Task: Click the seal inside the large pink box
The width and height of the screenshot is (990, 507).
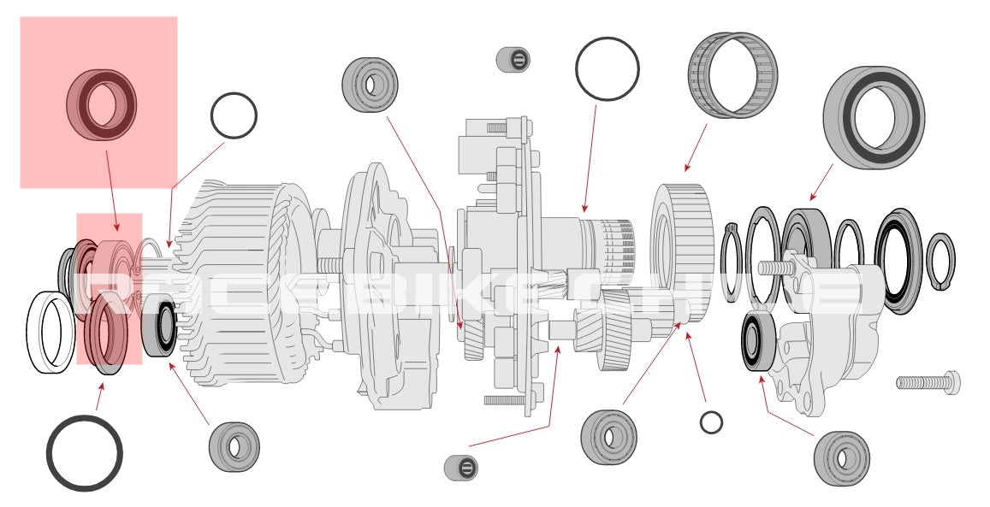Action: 101,104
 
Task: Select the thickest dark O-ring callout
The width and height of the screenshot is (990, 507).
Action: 84,453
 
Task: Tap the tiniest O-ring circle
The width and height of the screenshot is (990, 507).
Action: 710,422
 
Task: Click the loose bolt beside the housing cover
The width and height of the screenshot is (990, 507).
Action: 928,380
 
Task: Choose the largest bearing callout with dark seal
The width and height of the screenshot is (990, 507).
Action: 873,116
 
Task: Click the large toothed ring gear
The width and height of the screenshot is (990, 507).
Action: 682,253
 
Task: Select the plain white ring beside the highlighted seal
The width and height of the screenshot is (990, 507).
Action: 50,333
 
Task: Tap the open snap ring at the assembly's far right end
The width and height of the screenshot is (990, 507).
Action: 941,262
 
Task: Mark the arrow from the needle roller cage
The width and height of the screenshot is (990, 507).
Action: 696,147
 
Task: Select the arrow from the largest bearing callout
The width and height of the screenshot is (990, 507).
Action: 821,180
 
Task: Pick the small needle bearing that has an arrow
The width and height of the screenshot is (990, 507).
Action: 461,467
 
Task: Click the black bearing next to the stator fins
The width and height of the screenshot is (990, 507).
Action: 160,325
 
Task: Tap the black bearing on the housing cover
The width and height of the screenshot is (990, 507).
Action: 757,342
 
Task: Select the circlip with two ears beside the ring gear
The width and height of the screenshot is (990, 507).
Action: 729,261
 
